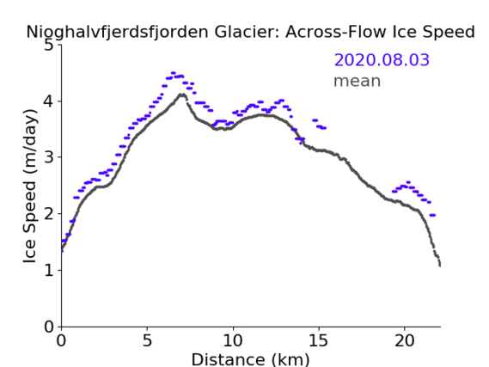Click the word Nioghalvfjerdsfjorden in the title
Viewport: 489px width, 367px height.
(x=117, y=32)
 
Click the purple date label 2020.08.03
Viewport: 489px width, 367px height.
(x=382, y=59)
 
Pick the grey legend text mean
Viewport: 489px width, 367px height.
(x=358, y=81)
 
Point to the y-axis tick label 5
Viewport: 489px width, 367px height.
(x=49, y=46)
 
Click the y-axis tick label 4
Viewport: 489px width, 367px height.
(x=49, y=101)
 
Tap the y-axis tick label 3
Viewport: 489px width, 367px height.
(x=49, y=157)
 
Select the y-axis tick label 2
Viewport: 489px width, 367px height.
(x=49, y=214)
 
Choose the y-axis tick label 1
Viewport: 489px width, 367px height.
(x=49, y=270)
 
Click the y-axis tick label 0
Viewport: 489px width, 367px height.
(x=49, y=327)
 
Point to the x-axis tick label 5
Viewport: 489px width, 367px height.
(x=147, y=340)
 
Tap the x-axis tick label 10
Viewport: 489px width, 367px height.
(x=233, y=340)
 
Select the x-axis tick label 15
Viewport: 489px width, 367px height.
(x=319, y=340)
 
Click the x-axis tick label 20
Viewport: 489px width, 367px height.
(x=405, y=340)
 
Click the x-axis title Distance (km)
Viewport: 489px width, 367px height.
(x=250, y=359)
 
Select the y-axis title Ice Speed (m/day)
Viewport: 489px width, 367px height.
(x=30, y=186)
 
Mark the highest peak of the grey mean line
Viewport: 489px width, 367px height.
(x=182, y=95)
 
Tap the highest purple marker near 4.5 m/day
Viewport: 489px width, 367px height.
(x=174, y=73)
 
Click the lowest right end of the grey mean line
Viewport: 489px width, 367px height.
(x=440, y=266)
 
